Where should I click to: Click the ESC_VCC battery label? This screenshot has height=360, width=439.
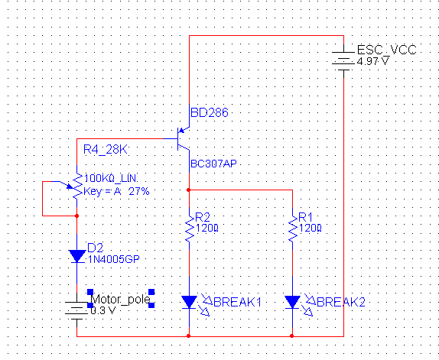pyautogui.click(x=387, y=50)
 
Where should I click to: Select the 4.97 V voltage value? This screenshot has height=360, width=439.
pyautogui.click(x=373, y=61)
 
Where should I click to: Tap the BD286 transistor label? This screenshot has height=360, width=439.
pyautogui.click(x=210, y=112)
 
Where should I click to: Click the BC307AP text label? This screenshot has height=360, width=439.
pyautogui.click(x=213, y=164)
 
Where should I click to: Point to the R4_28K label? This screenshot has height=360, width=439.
pyautogui.click(x=106, y=150)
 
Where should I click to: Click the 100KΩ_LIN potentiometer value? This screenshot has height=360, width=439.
pyautogui.click(x=110, y=178)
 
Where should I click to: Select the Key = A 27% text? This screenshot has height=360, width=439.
pyautogui.click(x=116, y=191)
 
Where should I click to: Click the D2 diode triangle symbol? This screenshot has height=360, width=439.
pyautogui.click(x=77, y=256)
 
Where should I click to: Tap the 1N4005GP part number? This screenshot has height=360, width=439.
pyautogui.click(x=114, y=259)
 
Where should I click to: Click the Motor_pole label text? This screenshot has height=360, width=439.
pyautogui.click(x=121, y=300)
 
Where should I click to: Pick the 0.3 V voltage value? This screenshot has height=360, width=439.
pyautogui.click(x=103, y=310)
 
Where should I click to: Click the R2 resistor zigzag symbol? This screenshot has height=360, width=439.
pyautogui.click(x=190, y=229)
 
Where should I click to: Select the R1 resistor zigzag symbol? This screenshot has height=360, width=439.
pyautogui.click(x=293, y=229)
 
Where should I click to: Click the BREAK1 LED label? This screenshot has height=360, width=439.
pyautogui.click(x=237, y=303)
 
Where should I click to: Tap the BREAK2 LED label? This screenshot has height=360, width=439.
pyautogui.click(x=341, y=303)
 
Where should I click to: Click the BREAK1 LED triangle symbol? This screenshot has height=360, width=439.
pyautogui.click(x=189, y=302)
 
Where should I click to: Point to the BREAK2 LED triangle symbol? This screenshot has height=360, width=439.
pyautogui.click(x=293, y=302)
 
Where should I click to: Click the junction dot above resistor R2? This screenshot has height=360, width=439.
pyautogui.click(x=189, y=190)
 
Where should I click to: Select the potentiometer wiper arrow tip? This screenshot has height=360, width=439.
pyautogui.click(x=73, y=188)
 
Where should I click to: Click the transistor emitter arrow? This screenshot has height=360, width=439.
pyautogui.click(x=182, y=130)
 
